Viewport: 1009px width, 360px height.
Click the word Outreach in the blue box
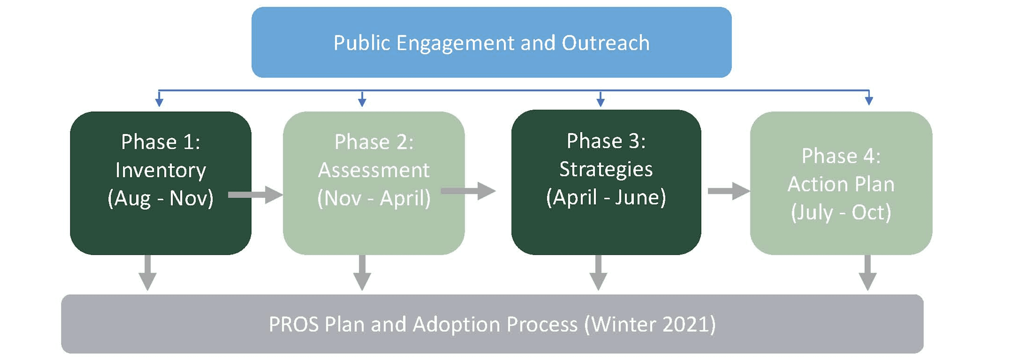[605, 43]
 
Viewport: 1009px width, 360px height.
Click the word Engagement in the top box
[455, 43]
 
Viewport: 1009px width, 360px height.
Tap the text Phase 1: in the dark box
[160, 142]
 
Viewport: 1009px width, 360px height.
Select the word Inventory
[160, 170]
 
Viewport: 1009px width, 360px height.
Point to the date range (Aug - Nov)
[160, 198]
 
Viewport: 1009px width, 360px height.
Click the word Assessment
[374, 170]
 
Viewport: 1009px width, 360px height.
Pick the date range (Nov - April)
[374, 198]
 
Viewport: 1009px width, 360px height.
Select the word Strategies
[605, 169]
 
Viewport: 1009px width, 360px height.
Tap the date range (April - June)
[605, 197]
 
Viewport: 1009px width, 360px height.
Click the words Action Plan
[841, 184]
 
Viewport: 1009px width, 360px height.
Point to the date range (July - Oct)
[841, 213]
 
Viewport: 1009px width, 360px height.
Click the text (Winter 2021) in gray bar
[650, 324]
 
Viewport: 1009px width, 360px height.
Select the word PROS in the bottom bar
[293, 324]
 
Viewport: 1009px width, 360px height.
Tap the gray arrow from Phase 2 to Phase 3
[468, 191]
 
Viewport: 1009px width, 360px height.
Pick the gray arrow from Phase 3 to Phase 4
[728, 191]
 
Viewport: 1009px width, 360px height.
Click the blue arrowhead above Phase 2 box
[362, 102]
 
